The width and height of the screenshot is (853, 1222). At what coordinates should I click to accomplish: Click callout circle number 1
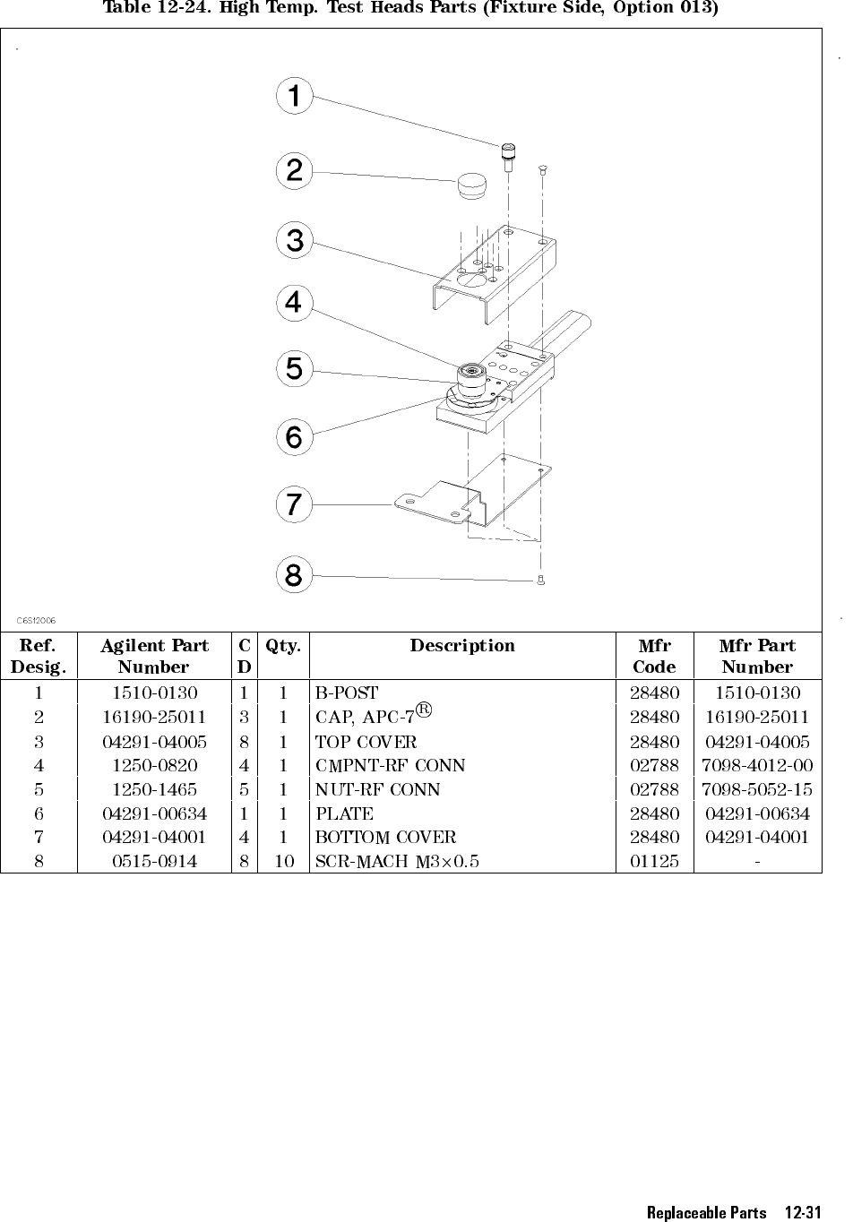294,96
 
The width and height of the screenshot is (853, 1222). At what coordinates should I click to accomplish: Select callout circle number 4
294,304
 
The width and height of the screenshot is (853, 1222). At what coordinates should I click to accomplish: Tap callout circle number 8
294,574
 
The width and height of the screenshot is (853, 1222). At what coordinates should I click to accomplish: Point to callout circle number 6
294,437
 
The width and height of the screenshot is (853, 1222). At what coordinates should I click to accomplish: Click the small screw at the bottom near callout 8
540,581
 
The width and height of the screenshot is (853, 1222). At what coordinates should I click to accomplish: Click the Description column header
462,646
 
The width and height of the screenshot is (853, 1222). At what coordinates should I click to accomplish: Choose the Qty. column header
283,646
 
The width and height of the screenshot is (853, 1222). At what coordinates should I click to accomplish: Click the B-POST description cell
348,693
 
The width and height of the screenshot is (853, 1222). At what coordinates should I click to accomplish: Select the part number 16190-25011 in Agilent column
153,717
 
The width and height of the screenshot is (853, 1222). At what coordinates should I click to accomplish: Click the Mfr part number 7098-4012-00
757,765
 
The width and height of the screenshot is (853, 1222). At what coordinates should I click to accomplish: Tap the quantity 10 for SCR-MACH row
283,862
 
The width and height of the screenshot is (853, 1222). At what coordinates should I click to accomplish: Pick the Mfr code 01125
654,862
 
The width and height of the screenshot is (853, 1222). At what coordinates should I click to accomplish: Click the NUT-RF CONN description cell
378,789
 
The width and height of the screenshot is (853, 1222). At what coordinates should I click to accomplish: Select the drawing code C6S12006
38,619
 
